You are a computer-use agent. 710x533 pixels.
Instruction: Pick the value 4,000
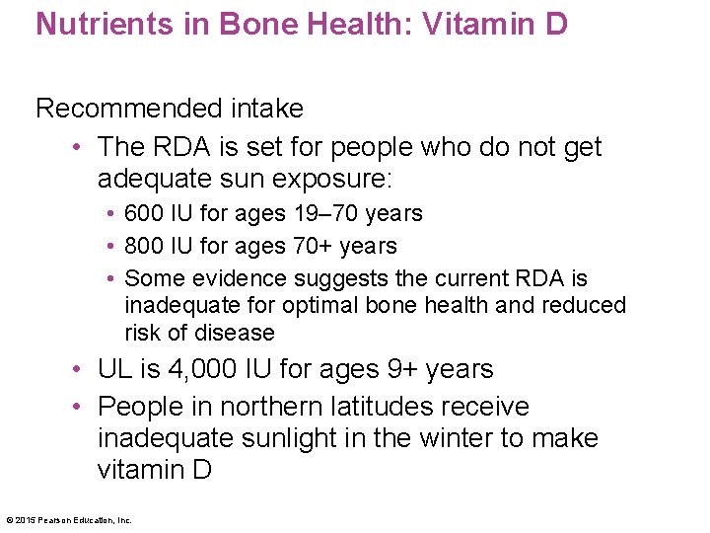[x=202, y=370]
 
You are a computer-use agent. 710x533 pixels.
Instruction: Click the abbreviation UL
[x=114, y=370]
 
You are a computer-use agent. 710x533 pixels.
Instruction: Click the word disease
[x=239, y=333]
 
